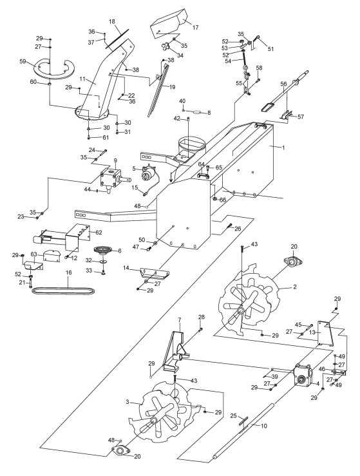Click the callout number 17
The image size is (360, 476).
(196, 28)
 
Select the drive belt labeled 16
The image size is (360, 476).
(64, 290)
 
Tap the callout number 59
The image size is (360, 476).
(23, 61)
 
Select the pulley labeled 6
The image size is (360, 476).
(103, 250)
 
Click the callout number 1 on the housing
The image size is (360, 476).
(283, 148)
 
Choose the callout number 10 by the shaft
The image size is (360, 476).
(264, 426)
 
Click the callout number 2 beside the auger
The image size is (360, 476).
(294, 287)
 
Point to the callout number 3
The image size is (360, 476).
(127, 402)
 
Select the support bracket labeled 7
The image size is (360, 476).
(175, 352)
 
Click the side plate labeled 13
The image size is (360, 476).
(325, 333)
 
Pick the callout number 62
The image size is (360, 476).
(99, 233)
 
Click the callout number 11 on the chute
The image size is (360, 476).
(83, 79)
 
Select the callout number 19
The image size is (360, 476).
(172, 87)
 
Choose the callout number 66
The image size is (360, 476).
(223, 200)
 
